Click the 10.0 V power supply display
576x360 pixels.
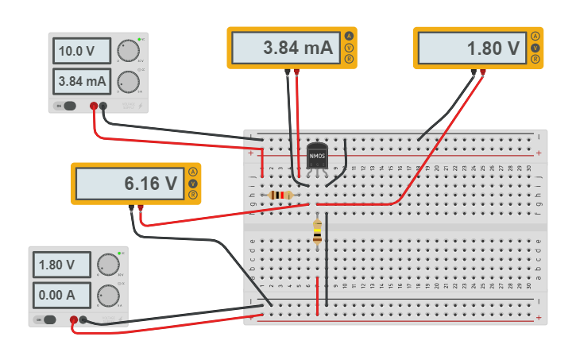[81, 52]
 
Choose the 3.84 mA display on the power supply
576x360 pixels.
[81, 81]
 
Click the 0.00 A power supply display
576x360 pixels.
[62, 295]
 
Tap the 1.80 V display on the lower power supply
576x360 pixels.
[62, 265]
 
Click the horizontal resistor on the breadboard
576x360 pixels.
[280, 195]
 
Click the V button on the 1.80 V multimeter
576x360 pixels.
[535, 48]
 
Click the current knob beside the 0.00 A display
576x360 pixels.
[107, 296]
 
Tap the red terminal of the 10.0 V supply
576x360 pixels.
[94, 106]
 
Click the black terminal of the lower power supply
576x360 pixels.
[83, 320]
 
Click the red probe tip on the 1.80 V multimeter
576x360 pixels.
[482, 72]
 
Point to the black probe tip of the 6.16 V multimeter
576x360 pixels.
[130, 208]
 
